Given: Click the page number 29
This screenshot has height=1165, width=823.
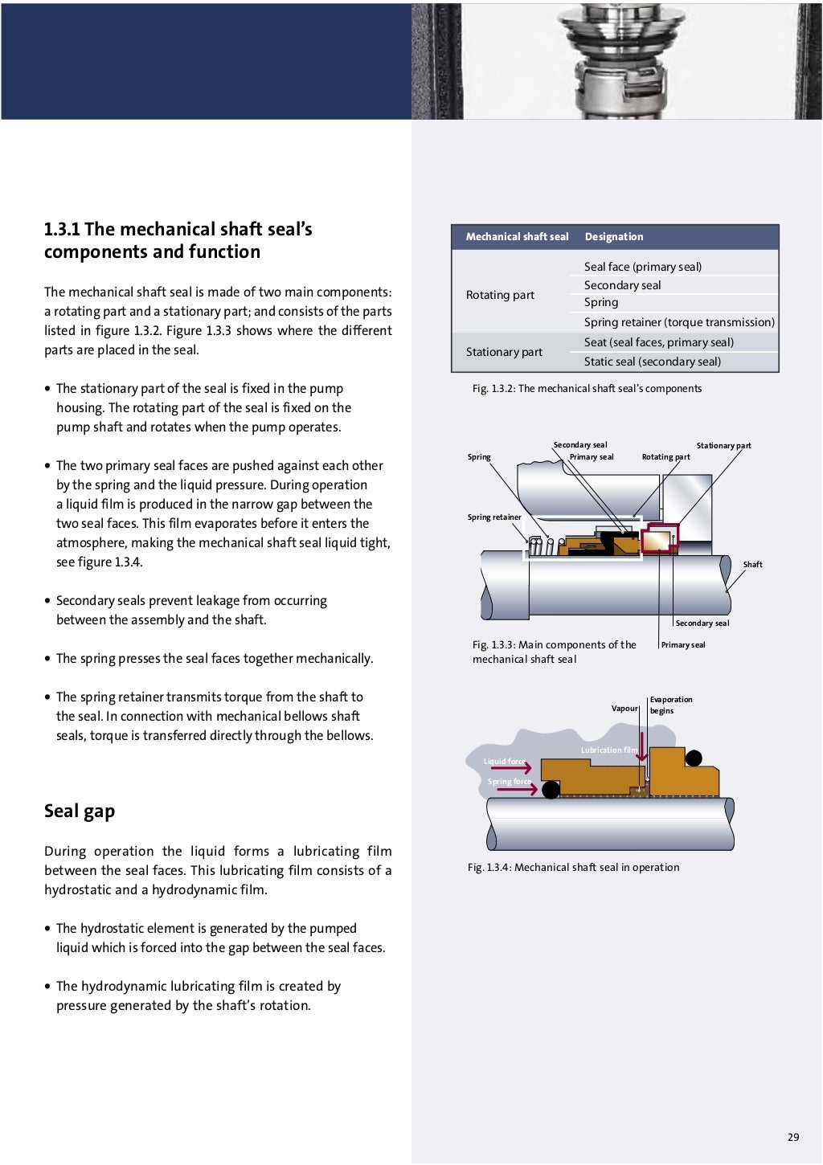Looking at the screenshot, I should pos(793,1137).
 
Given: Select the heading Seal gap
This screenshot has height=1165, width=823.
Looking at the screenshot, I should pos(80,811).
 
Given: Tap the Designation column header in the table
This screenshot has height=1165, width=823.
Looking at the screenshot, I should pos(614,237).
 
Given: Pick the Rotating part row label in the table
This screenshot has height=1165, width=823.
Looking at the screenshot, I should pos(500,295).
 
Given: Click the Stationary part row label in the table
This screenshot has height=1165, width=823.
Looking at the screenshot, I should pos(504,352).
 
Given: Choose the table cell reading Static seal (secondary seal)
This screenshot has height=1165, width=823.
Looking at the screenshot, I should pos(652,362).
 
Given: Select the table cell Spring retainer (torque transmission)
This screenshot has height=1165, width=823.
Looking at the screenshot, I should pos(679,322).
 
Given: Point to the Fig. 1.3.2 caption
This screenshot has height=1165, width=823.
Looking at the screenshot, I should pos(587,389).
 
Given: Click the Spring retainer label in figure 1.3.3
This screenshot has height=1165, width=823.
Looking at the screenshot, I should pos(494,517).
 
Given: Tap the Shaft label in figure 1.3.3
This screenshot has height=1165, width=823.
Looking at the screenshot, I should pos(752,565).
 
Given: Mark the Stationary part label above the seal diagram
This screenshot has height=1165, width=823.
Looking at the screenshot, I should pos(723,446).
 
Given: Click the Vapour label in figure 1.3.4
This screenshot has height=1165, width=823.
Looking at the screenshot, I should pos(624,709).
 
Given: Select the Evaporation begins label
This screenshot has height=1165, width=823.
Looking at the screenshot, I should pos(670,705).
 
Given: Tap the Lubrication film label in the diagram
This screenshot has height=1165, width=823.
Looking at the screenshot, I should pos(608,750).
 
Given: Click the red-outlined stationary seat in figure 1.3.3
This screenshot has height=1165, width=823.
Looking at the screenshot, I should pos(660,538).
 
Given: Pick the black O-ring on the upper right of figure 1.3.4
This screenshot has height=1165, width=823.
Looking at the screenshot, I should pos(694,758).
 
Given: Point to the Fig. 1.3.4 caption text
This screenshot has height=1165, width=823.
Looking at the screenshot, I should pos(573,868).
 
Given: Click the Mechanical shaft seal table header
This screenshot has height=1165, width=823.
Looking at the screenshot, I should pos(517,237).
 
